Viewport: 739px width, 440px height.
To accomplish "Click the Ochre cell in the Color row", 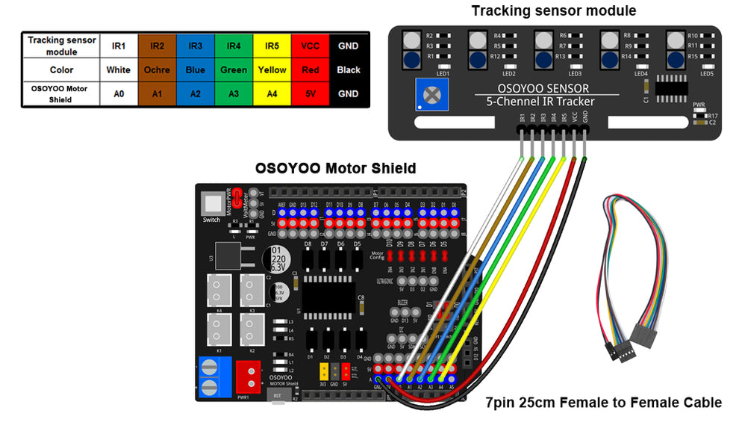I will click(x=157, y=70).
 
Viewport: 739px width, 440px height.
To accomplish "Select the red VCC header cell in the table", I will click(x=311, y=46).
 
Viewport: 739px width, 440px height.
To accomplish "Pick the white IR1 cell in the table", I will click(x=119, y=46).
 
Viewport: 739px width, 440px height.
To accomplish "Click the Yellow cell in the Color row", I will click(x=272, y=70).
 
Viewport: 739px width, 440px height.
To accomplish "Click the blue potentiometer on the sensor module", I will click(x=431, y=95).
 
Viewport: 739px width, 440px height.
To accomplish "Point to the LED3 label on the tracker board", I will click(x=574, y=74).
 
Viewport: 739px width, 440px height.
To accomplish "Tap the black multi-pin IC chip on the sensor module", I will click(x=671, y=87).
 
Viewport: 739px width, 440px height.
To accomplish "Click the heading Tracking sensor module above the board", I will click(x=554, y=11).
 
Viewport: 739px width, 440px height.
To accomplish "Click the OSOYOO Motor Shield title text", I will click(x=335, y=168).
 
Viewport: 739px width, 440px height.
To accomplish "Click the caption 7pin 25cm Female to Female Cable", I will click(x=604, y=403).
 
